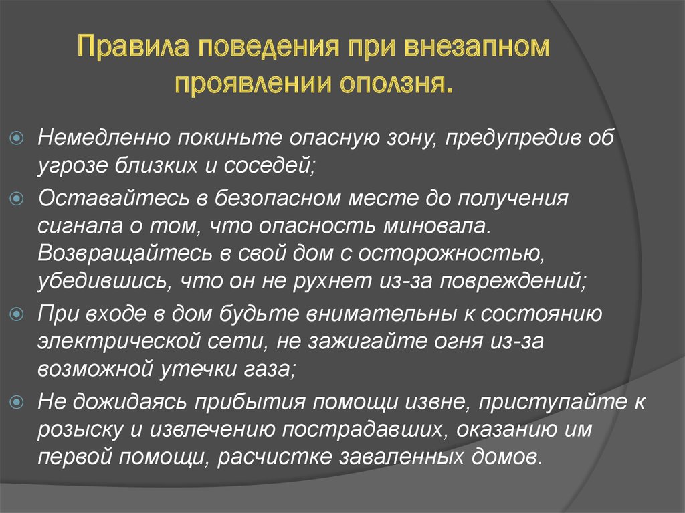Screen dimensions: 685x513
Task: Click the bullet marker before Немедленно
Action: pyautogui.click(x=17, y=138)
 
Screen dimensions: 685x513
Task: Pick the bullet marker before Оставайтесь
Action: pyautogui.click(x=17, y=199)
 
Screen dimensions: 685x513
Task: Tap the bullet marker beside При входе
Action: pyautogui.click(x=17, y=314)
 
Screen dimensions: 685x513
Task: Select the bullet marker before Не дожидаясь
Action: pyautogui.click(x=17, y=401)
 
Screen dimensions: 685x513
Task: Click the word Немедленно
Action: pyautogui.click(x=104, y=138)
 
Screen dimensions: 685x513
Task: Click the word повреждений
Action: pyautogui.click(x=512, y=281)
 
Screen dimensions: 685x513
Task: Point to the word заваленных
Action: pyautogui.click(x=401, y=457)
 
